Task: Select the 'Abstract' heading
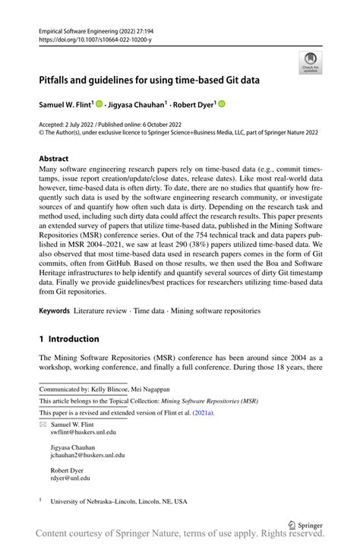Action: (x=58, y=159)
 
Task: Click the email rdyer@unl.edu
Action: (x=71, y=478)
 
